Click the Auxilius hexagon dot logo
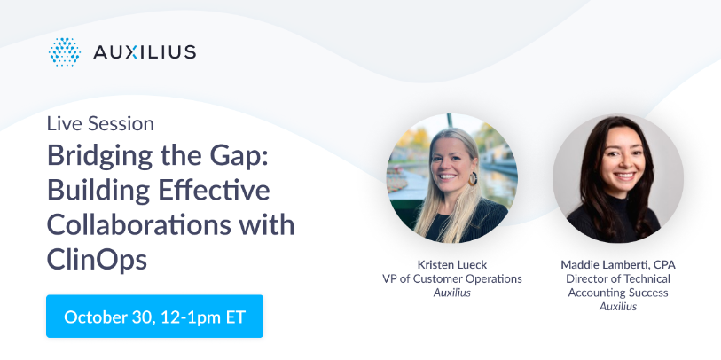pyautogui.click(x=65, y=52)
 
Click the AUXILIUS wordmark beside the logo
pyautogui.click(x=145, y=52)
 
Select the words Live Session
pyautogui.click(x=100, y=123)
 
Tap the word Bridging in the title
pyautogui.click(x=100, y=157)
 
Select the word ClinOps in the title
pyautogui.click(x=97, y=260)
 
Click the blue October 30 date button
pyautogui.click(x=154, y=317)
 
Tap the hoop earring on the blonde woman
pyautogui.click(x=473, y=178)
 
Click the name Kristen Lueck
pyautogui.click(x=452, y=265)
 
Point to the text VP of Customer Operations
pyautogui.click(x=452, y=278)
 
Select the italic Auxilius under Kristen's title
pyautogui.click(x=452, y=293)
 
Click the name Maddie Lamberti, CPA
pyautogui.click(x=618, y=265)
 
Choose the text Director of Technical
pyautogui.click(x=618, y=278)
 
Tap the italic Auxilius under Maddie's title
pyautogui.click(x=618, y=306)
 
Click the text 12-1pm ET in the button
pyautogui.click(x=204, y=317)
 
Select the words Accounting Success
pyautogui.click(x=618, y=293)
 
